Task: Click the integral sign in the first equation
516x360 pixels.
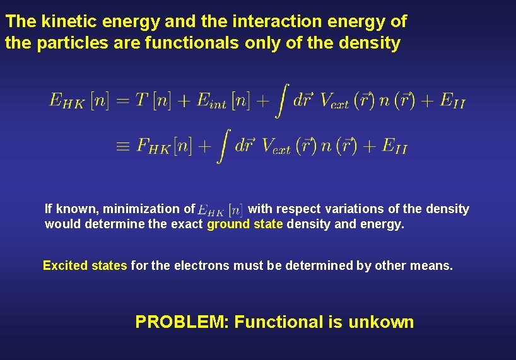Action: pyautogui.click(x=282, y=100)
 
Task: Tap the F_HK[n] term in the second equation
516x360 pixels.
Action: pyautogui.click(x=165, y=147)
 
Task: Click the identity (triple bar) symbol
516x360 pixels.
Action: pyautogui.click(x=122, y=147)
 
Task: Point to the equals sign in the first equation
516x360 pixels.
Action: pyautogui.click(x=123, y=101)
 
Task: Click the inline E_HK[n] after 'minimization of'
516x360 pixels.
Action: pyautogui.click(x=220, y=209)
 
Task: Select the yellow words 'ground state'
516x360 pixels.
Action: pyautogui.click(x=245, y=224)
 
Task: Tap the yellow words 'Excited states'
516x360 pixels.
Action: pyautogui.click(x=85, y=265)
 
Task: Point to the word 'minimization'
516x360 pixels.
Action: pyautogui.click(x=141, y=209)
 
